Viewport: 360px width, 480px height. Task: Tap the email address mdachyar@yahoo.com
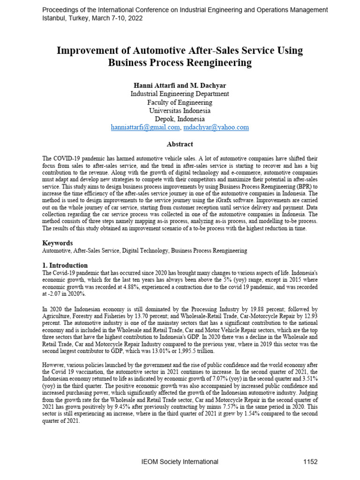pyautogui.click(x=216, y=127)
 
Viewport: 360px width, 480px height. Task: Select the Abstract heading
pyautogui.click(x=180, y=144)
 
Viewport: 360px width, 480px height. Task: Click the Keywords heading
pyautogui.click(x=58, y=243)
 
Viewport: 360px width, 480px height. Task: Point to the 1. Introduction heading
pyautogui.click(x=65, y=265)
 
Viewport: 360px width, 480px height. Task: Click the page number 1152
pyautogui.click(x=310, y=462)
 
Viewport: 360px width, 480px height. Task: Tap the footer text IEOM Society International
pyautogui.click(x=180, y=462)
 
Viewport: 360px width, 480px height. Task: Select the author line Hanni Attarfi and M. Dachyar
pyautogui.click(x=180, y=85)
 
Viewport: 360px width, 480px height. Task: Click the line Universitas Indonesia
pyautogui.click(x=180, y=111)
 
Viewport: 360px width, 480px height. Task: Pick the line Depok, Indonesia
pyautogui.click(x=180, y=119)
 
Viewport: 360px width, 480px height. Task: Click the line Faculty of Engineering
pyautogui.click(x=180, y=102)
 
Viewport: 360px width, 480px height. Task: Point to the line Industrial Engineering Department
pyautogui.click(x=180, y=94)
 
